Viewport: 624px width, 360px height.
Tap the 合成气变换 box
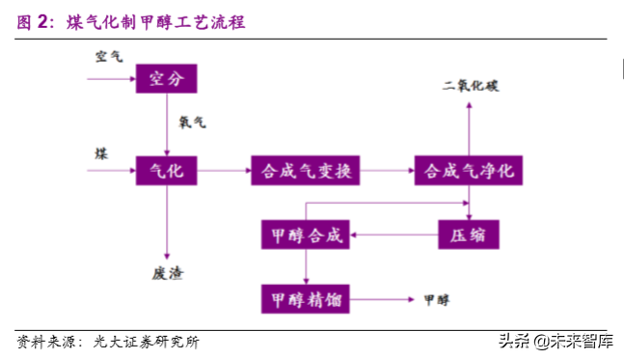[306, 172]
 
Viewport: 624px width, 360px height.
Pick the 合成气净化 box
[470, 172]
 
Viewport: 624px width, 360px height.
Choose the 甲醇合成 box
[306, 235]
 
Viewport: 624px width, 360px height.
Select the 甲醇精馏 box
[306, 298]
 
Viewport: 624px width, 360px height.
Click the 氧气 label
[192, 124]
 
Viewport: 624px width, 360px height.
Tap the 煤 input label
[100, 154]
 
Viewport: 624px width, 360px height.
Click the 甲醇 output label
[437, 299]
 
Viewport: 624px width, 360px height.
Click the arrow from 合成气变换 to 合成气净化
[388, 172]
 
